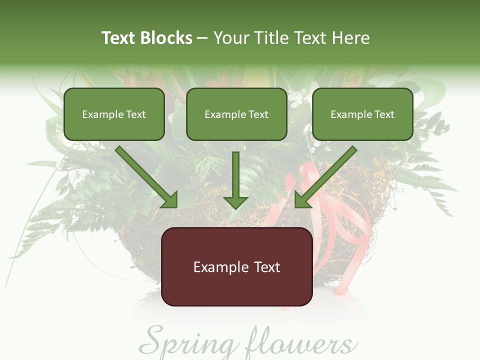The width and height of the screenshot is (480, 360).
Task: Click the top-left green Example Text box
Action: tap(114, 114)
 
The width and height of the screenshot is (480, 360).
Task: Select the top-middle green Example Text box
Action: tap(236, 114)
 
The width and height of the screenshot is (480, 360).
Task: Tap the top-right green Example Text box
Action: tap(362, 114)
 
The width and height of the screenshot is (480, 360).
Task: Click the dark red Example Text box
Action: tap(237, 266)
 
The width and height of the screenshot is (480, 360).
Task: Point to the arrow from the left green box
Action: tap(145, 176)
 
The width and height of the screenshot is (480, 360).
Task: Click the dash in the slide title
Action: tap(202, 38)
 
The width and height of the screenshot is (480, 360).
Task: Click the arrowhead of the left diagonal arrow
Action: tap(170, 200)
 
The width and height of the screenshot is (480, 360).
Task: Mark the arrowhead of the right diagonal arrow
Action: tap(302, 200)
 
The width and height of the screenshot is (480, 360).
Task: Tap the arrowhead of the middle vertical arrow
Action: tap(236, 201)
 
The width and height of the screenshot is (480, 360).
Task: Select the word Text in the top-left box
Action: tap(136, 114)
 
